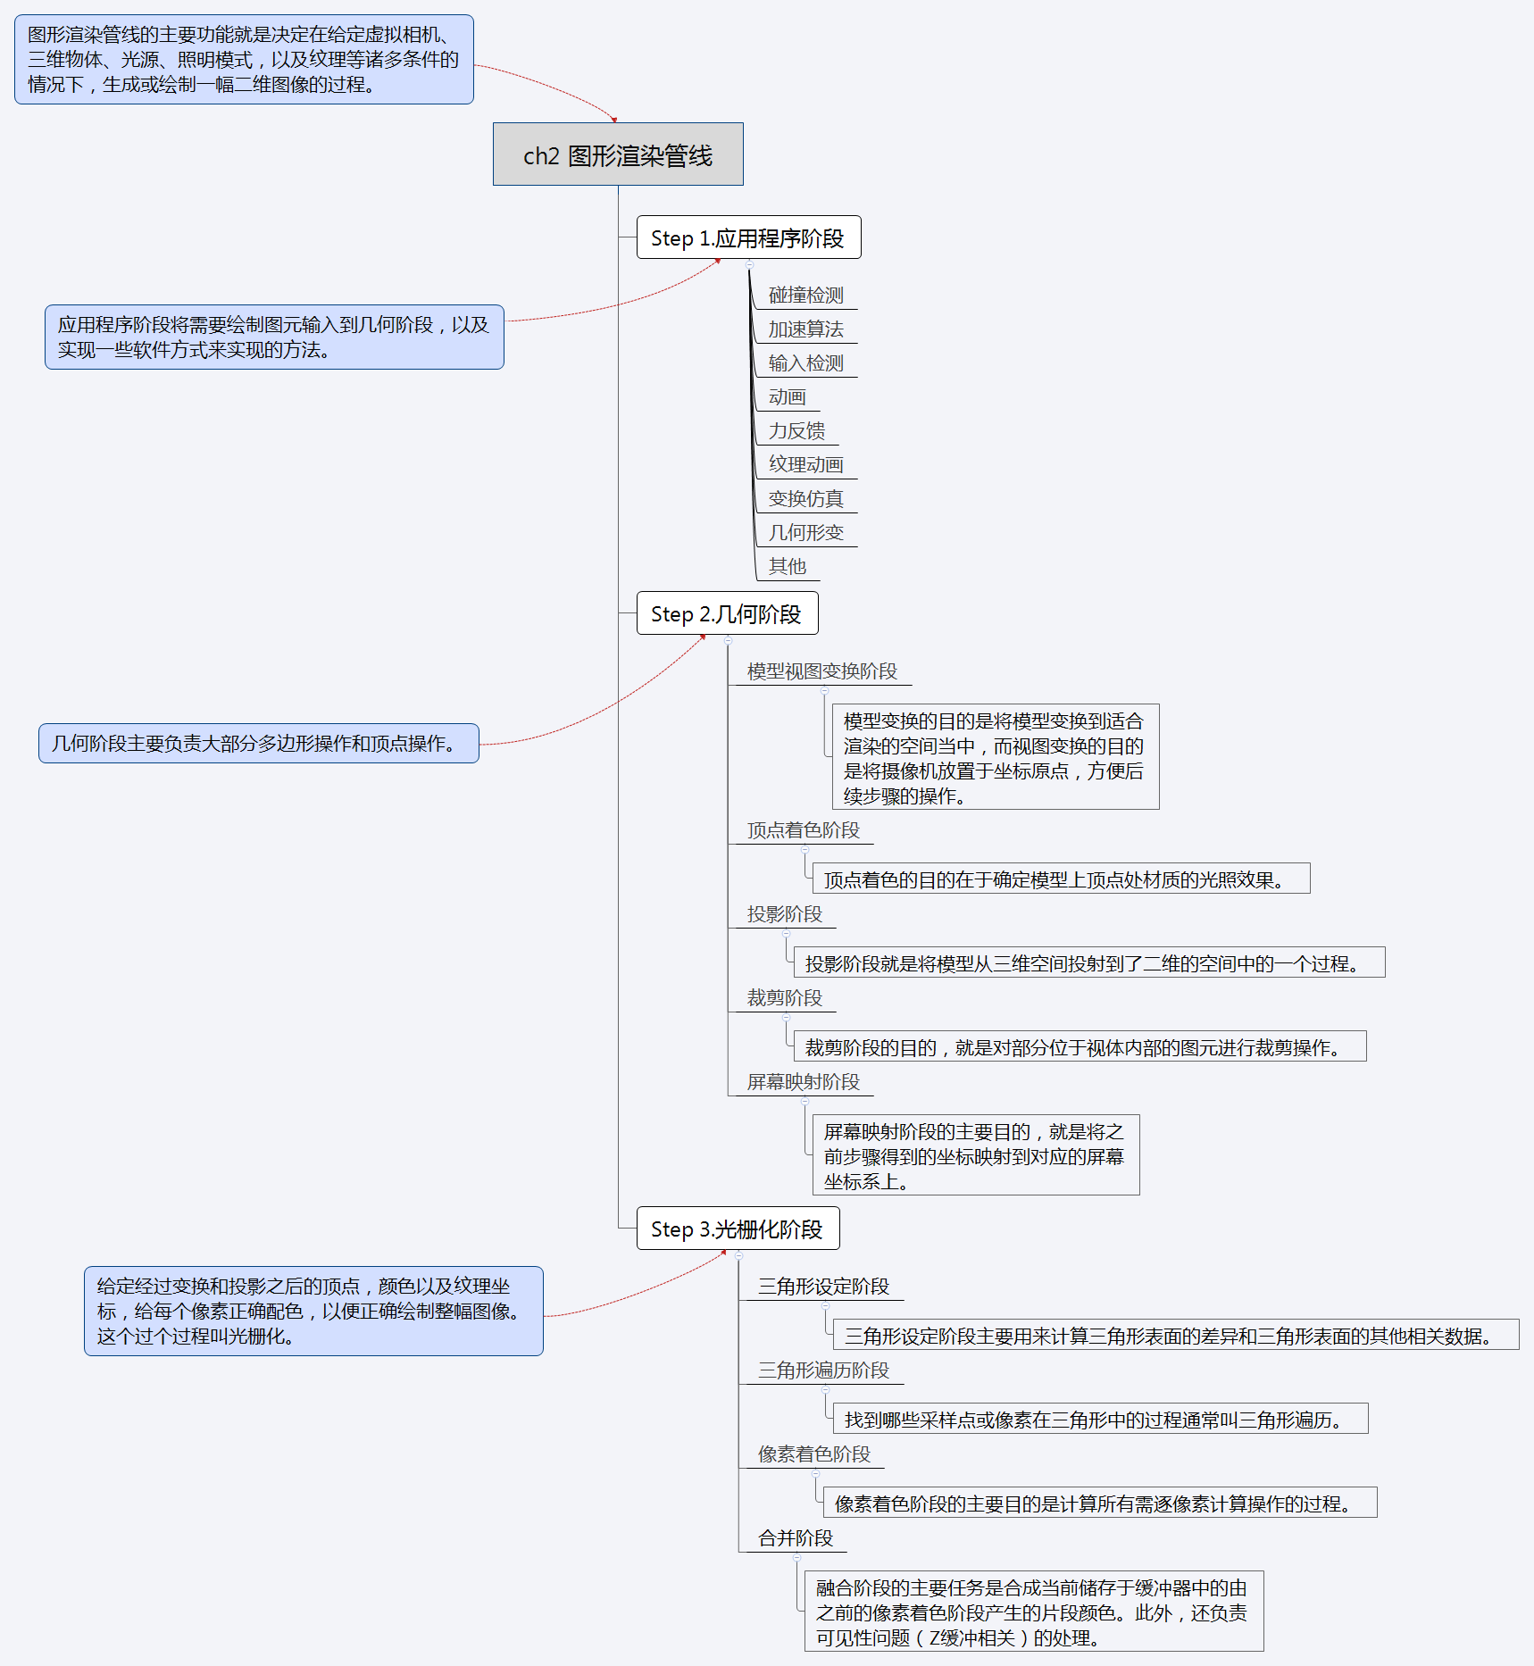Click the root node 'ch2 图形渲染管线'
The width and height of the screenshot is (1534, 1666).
pos(618,154)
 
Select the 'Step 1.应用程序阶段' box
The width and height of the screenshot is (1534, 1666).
pos(748,237)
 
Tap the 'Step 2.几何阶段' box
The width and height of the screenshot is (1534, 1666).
pos(727,613)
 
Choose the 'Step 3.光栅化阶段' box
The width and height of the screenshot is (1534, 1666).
pos(738,1229)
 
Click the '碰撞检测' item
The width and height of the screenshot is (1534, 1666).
pos(805,296)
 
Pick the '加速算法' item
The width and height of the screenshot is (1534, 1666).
pos(805,329)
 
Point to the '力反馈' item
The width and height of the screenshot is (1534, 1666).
pos(796,431)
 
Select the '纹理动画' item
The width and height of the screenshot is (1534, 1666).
pos(805,465)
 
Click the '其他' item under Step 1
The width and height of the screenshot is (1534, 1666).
pos(787,567)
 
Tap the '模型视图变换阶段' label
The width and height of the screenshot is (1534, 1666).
pos(821,671)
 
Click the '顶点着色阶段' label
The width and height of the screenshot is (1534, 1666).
pos(803,830)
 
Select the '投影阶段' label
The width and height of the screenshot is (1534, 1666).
pos(784,914)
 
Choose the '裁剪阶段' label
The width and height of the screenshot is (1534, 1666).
pos(784,998)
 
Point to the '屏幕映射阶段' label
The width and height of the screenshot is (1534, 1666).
pos(803,1082)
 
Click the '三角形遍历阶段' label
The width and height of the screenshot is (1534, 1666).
pos(823,1370)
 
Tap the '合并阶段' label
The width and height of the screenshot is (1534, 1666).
pos(795,1538)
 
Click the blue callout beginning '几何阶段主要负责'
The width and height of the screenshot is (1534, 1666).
pos(258,743)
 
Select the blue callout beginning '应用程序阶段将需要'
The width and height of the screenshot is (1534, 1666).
pos(274,337)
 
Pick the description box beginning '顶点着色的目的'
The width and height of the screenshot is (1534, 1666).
pos(1061,879)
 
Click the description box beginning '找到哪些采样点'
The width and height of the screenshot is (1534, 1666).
pos(1100,1419)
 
